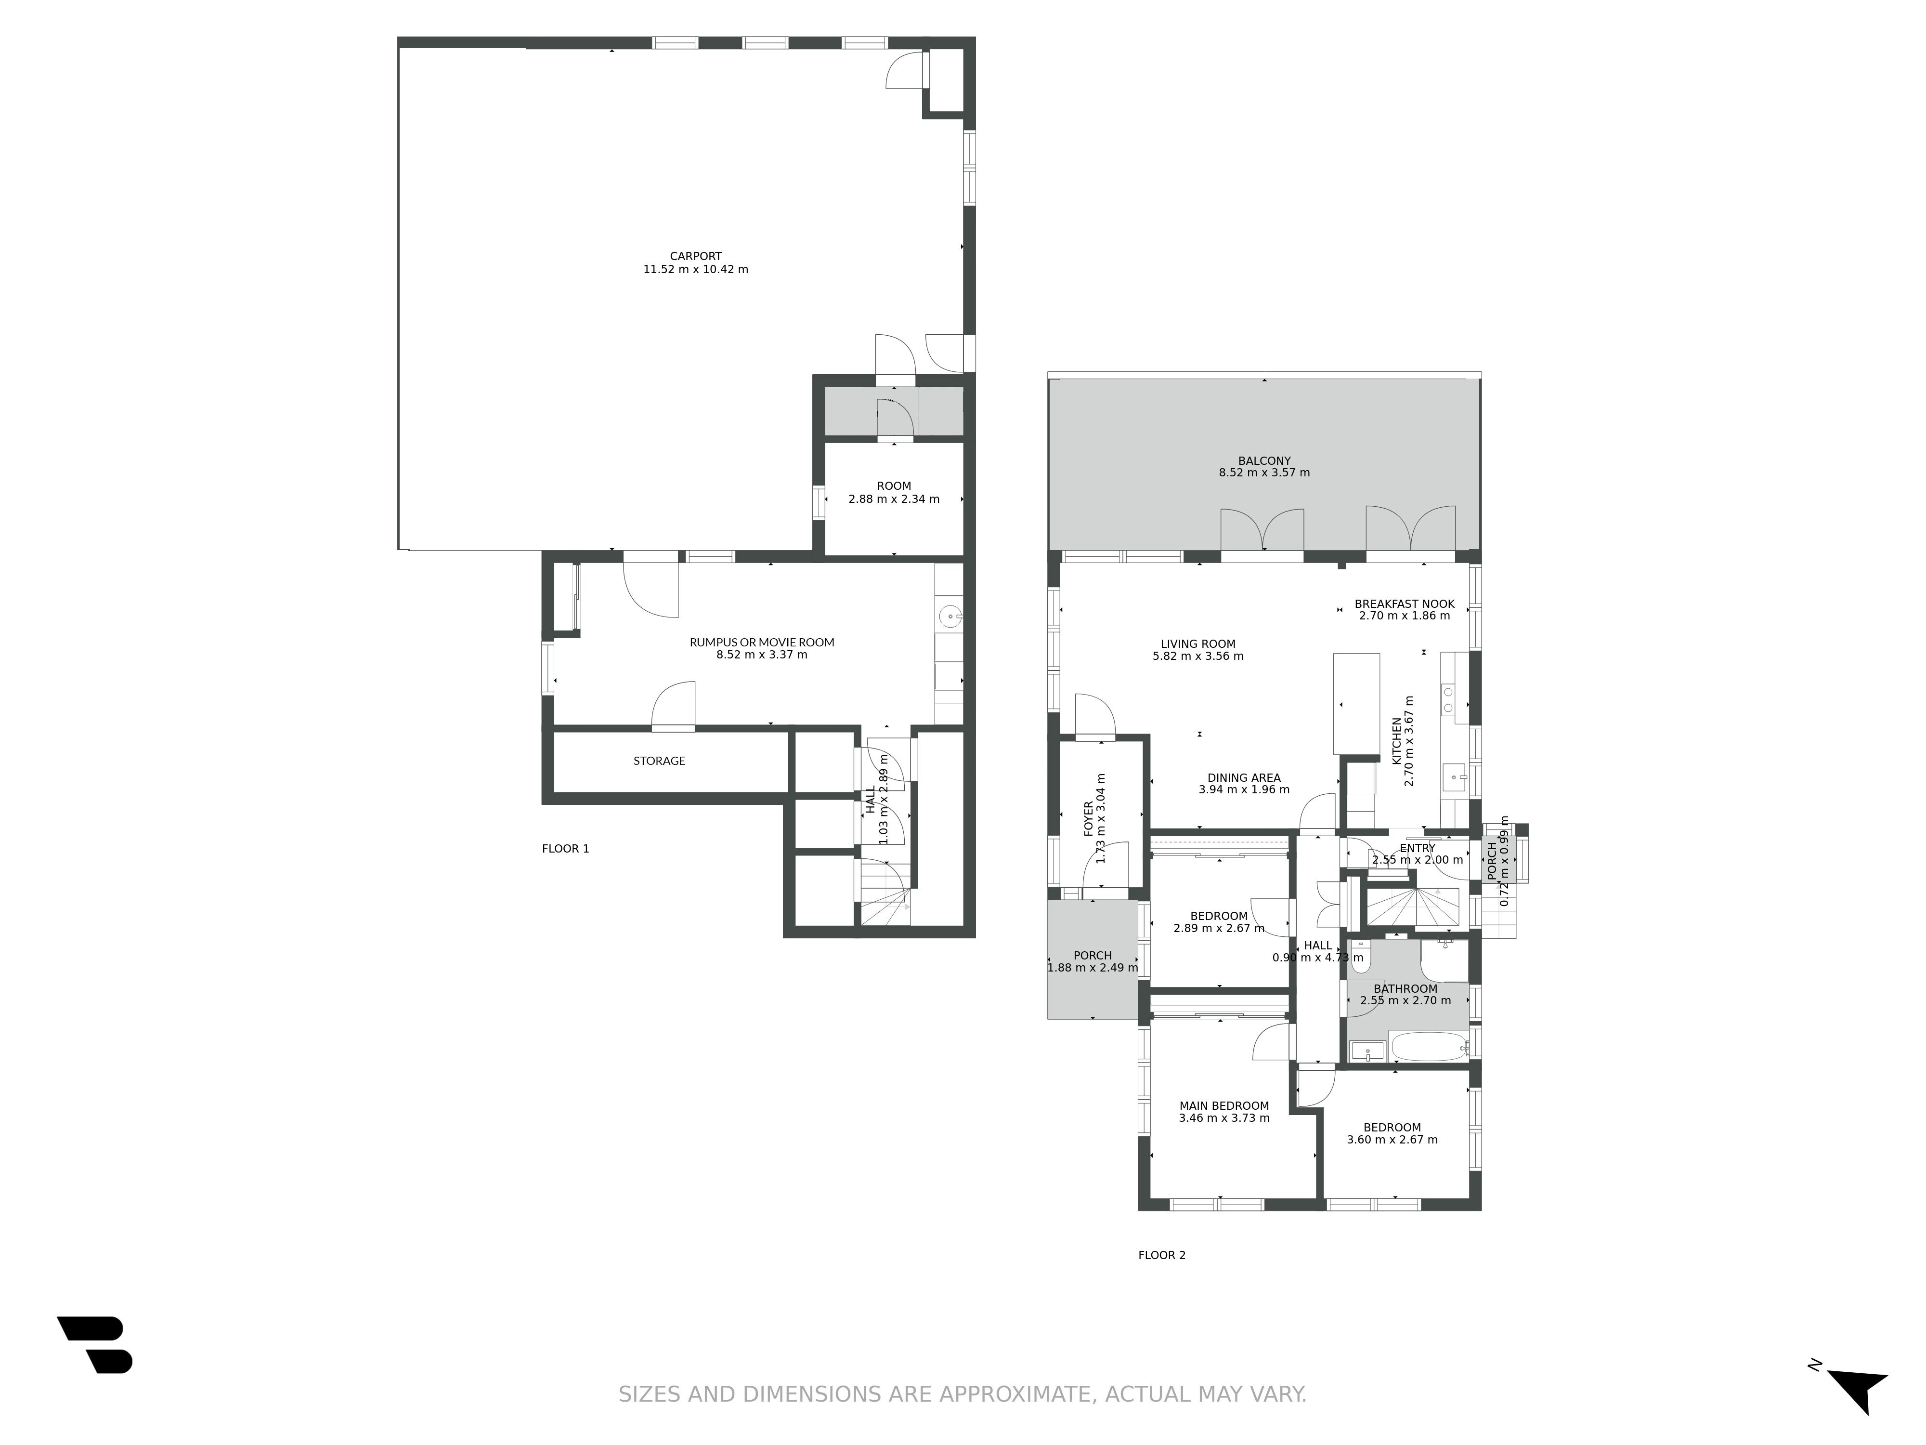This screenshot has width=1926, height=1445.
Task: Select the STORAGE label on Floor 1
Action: click(659, 761)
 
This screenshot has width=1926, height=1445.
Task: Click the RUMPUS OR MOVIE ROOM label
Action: click(762, 642)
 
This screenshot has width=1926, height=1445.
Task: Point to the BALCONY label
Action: click(1264, 461)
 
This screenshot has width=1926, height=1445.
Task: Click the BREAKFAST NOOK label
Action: click(1405, 604)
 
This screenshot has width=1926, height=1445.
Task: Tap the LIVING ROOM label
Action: click(1198, 644)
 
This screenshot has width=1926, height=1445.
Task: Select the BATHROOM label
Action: click(1405, 988)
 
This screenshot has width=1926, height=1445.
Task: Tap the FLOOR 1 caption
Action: click(565, 848)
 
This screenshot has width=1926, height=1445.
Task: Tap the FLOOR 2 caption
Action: click(1161, 1255)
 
